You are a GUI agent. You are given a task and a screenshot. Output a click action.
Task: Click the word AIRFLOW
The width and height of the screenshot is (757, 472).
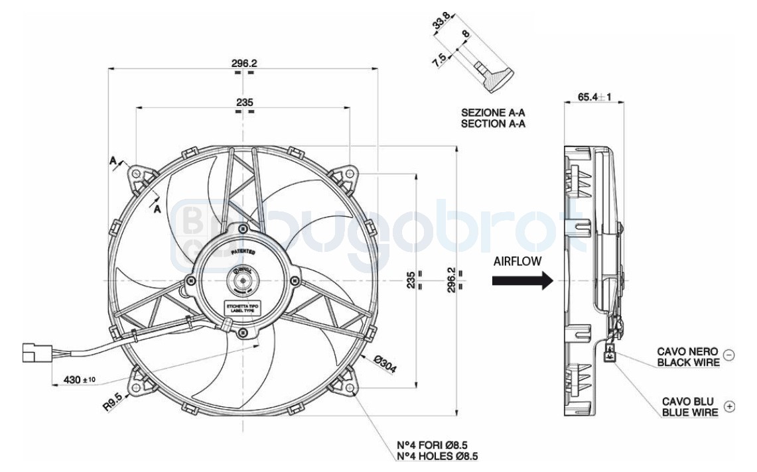click(517, 261)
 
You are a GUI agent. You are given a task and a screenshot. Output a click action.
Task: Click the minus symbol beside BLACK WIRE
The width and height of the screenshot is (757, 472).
click(728, 355)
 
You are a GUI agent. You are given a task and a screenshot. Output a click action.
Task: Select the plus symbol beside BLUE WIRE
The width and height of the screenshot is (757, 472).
click(729, 406)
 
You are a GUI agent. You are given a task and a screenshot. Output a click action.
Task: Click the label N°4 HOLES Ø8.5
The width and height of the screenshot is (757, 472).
click(436, 456)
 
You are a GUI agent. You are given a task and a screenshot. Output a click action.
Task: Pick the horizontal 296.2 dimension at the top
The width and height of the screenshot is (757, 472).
click(243, 64)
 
